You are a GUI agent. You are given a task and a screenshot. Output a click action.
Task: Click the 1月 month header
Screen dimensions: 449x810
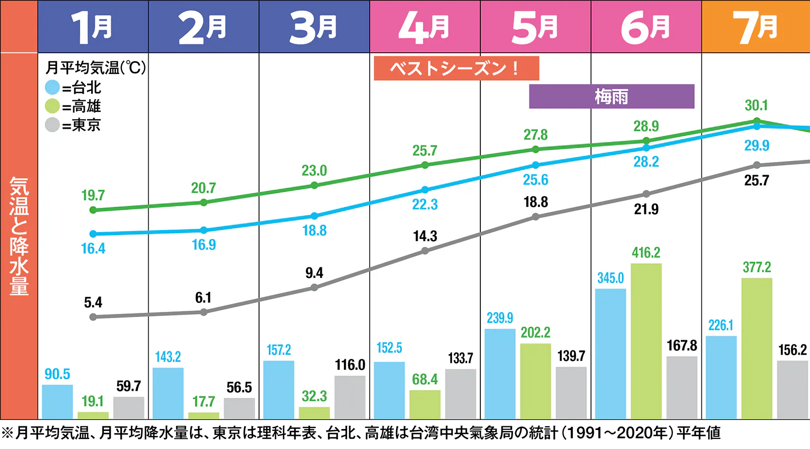(x=93, y=26)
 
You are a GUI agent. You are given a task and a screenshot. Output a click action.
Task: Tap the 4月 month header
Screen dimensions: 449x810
(x=425, y=26)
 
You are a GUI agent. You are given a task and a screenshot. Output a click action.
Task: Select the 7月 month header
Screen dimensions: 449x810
(x=755, y=26)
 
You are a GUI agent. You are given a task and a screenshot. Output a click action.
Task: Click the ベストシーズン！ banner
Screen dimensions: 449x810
(x=456, y=68)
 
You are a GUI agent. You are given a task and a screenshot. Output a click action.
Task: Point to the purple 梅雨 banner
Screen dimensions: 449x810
(x=611, y=97)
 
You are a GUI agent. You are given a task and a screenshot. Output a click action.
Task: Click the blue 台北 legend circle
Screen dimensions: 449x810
(x=52, y=87)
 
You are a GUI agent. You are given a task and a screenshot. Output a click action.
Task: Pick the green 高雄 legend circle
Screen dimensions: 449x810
(x=52, y=106)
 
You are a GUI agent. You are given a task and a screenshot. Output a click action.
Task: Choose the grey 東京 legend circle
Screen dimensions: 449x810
(x=52, y=125)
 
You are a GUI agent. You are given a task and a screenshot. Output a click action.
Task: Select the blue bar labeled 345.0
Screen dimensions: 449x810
(x=610, y=354)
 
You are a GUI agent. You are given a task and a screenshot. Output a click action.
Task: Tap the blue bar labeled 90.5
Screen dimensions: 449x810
(x=57, y=402)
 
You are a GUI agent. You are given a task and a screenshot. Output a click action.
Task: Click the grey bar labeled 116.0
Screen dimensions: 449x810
(x=350, y=397)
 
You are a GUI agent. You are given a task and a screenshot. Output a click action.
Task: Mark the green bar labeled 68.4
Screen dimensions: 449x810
(x=425, y=405)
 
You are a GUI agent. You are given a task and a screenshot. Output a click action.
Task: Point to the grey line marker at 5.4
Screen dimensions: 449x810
(x=93, y=317)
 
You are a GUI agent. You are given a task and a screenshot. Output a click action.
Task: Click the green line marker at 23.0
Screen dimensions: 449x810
(x=314, y=185)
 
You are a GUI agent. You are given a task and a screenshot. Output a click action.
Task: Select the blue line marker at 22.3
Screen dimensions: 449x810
(x=425, y=190)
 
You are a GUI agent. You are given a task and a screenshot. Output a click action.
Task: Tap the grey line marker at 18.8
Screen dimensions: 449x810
(x=535, y=217)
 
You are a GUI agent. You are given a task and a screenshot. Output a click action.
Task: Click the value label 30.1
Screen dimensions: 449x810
(x=756, y=106)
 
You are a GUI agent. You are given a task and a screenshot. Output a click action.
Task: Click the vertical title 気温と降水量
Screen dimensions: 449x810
(x=19, y=236)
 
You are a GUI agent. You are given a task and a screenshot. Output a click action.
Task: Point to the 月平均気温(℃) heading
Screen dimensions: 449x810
(x=95, y=68)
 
